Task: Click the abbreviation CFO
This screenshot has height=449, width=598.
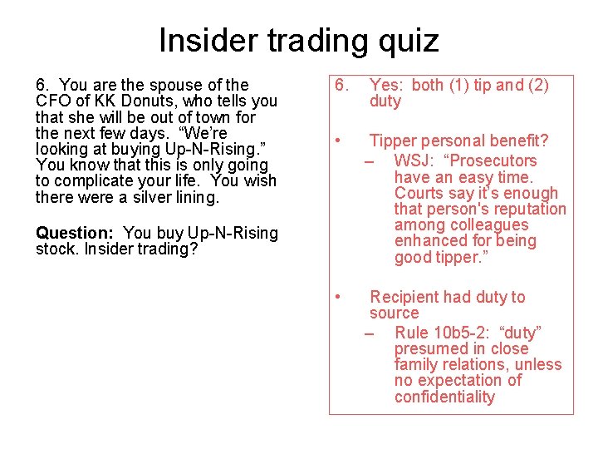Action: [x=53, y=101]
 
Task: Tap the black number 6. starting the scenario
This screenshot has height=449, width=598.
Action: [x=43, y=85]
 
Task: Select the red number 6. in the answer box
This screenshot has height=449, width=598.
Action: [x=340, y=85]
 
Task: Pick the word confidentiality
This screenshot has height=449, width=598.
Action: [x=444, y=397]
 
